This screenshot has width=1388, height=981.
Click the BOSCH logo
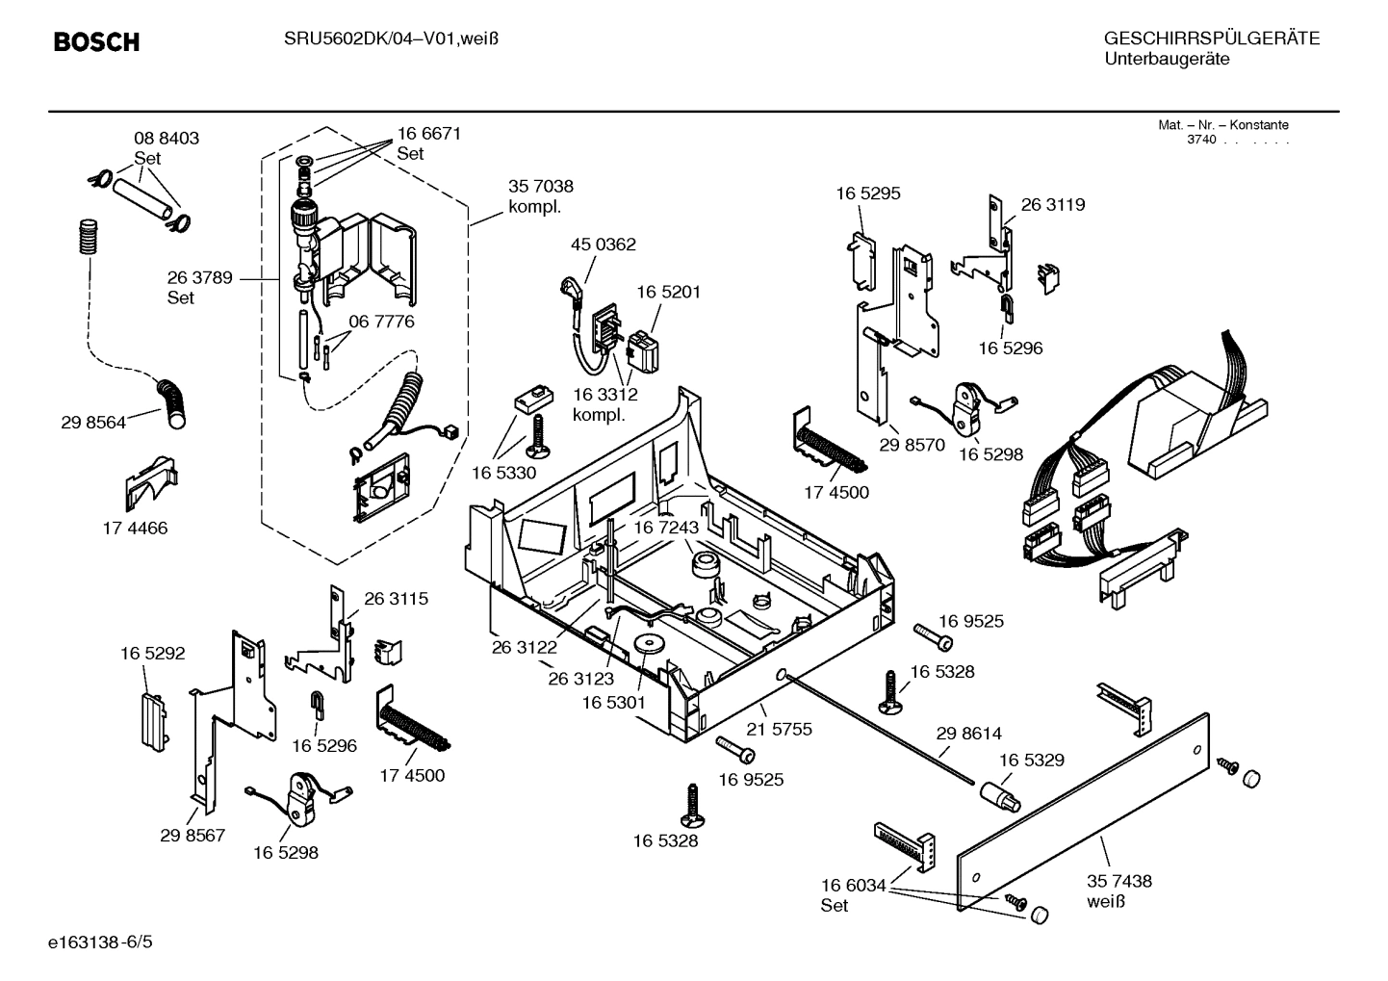(96, 42)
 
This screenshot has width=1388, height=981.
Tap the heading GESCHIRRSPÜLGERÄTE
(1211, 39)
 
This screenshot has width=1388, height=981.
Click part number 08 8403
(166, 139)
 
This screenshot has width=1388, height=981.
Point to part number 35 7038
(540, 187)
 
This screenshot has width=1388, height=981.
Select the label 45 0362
(603, 245)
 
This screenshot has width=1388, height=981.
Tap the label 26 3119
(1052, 205)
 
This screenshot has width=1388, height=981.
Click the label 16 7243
(665, 528)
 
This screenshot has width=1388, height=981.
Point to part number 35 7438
(1118, 881)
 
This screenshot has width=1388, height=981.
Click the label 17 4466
(135, 528)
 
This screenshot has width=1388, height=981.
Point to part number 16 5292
(152, 654)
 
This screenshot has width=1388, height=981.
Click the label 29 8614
(968, 734)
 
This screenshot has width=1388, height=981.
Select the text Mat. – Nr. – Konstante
(1222, 125)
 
